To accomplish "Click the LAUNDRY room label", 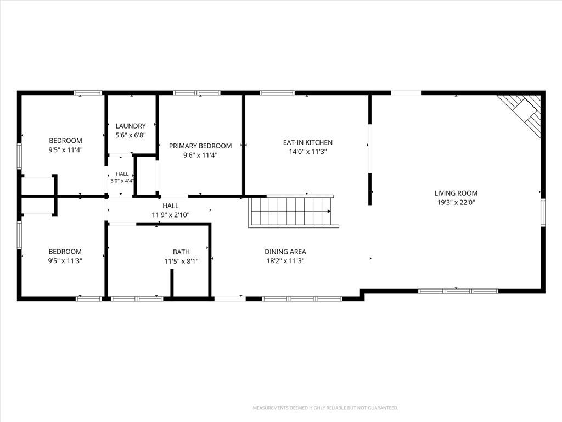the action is pyautogui.click(x=131, y=126).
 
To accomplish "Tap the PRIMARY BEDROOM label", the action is pyautogui.click(x=200, y=146).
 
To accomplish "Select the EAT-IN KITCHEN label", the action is pyautogui.click(x=307, y=142).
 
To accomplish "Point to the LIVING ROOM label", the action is pyautogui.click(x=456, y=193).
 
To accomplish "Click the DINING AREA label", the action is pyautogui.click(x=285, y=252).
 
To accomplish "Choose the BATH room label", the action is pyautogui.click(x=181, y=252).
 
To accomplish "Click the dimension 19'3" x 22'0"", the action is pyautogui.click(x=456, y=202).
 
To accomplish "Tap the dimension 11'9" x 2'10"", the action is pyautogui.click(x=170, y=215).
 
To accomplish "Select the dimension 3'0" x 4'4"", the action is pyautogui.click(x=122, y=181).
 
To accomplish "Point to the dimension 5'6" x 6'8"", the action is pyautogui.click(x=131, y=135).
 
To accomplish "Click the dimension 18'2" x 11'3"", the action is pyautogui.click(x=285, y=261).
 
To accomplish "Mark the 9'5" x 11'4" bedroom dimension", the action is pyautogui.click(x=66, y=150).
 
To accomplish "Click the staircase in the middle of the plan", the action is pyautogui.click(x=294, y=212).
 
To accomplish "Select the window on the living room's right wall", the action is pyautogui.click(x=543, y=213).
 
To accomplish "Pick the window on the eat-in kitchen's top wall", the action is pyautogui.click(x=277, y=93).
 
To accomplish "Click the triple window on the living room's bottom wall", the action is pyautogui.click(x=458, y=291).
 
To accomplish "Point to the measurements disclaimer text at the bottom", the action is pyautogui.click(x=325, y=408).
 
